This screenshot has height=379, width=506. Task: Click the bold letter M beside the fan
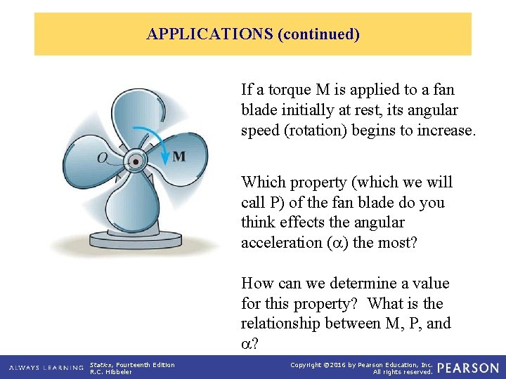coord(179,156)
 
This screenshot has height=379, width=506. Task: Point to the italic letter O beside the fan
coord(103,158)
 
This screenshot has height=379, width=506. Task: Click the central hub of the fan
coord(134,161)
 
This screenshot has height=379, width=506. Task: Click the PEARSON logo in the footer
coord(469,368)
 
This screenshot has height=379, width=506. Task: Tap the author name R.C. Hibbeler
coord(111,372)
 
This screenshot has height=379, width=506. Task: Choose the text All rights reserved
coord(403,372)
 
